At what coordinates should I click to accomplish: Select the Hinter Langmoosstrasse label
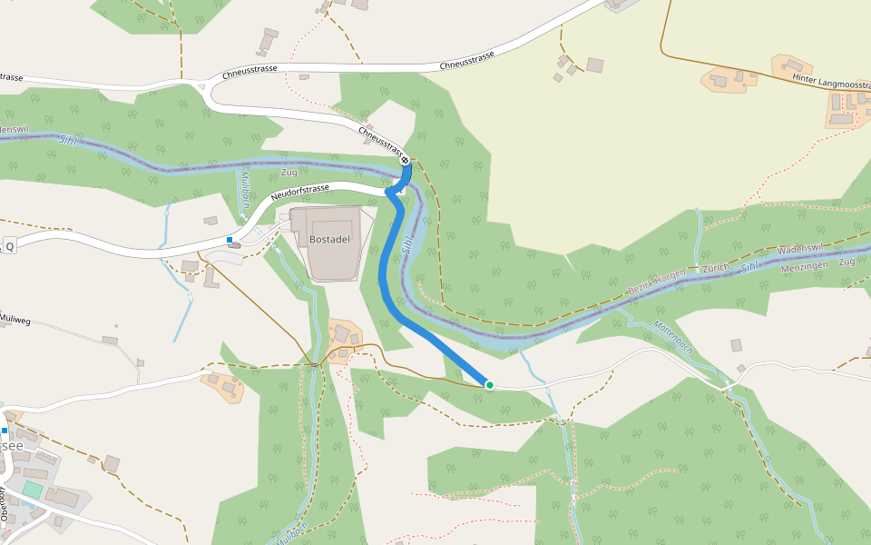tap(830, 82)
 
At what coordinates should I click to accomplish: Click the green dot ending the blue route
tap(490, 385)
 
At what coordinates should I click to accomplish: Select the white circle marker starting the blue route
tap(406, 160)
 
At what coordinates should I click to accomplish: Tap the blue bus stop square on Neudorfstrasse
tap(230, 240)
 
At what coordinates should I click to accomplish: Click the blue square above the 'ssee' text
tap(5, 431)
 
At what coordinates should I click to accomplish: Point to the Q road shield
tap(10, 246)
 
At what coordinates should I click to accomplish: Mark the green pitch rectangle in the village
tap(33, 490)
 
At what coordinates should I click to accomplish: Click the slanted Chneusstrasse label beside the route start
tap(381, 139)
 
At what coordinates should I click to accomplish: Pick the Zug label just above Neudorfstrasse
tap(289, 172)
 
